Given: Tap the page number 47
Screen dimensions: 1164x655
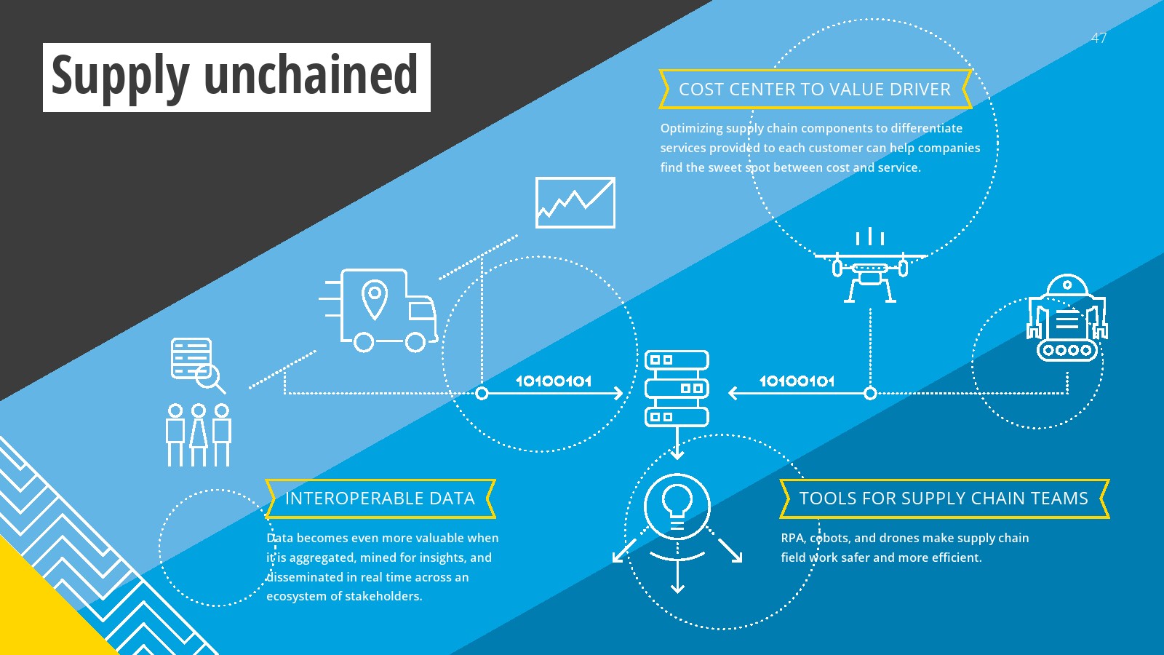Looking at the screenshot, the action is pyautogui.click(x=1099, y=38).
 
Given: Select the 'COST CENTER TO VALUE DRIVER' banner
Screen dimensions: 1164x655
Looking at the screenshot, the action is pyautogui.click(x=815, y=90).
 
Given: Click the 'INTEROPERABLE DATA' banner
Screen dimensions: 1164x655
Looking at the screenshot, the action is pyautogui.click(x=380, y=499).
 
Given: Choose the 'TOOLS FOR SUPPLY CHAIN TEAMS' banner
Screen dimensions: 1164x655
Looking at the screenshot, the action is pyautogui.click(x=944, y=499).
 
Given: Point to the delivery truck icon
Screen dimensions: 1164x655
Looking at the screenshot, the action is pyautogui.click(x=378, y=310).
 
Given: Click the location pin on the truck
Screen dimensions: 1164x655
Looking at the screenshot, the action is pyautogui.click(x=374, y=299).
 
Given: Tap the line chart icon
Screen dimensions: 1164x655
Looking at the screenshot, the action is pyautogui.click(x=575, y=202).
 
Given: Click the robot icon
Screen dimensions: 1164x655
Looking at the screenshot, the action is pyautogui.click(x=1067, y=317).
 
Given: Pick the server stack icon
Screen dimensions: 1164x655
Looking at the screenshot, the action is pyautogui.click(x=677, y=389).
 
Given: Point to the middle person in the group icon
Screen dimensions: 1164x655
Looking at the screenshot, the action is pyautogui.click(x=199, y=434).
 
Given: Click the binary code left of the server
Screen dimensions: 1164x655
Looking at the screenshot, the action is pyautogui.click(x=554, y=381).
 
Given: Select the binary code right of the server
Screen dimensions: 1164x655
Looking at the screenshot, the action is pyautogui.click(x=797, y=381).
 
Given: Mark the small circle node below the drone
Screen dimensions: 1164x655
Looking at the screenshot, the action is pyautogui.click(x=870, y=394).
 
